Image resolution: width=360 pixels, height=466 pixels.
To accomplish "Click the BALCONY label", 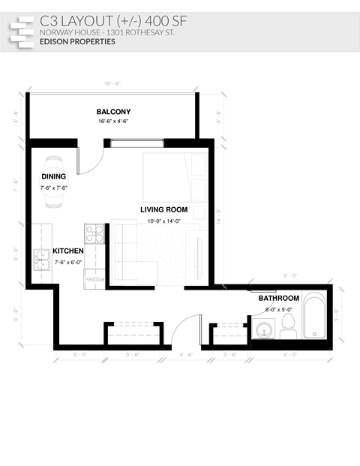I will [x=113, y=112].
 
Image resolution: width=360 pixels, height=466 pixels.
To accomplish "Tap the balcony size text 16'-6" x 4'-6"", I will [x=113, y=121].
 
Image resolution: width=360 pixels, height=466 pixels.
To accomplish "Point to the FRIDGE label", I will [x=95, y=279].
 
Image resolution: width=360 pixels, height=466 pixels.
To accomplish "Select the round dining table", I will [x=54, y=181].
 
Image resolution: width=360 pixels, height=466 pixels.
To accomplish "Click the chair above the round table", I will [x=54, y=161].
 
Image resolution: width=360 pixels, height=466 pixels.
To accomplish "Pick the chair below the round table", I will [x=54, y=201].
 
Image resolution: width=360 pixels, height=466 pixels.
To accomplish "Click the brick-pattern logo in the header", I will [x=22, y=31].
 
